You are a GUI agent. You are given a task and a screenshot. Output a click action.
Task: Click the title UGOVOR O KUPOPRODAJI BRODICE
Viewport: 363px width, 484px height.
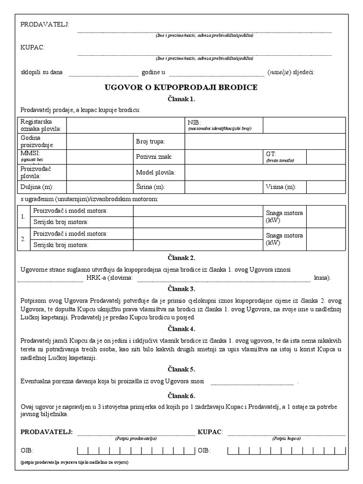181,87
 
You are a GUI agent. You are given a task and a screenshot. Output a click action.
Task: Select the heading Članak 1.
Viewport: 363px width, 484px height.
181,99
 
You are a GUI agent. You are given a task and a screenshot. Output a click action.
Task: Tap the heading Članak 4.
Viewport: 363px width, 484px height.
181,329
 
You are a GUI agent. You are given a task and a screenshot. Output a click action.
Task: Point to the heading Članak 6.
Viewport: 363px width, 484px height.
181,396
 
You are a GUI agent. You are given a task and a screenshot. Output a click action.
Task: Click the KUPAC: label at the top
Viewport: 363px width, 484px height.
33,47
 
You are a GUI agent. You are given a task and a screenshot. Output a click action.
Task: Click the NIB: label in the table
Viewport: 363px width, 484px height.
194,122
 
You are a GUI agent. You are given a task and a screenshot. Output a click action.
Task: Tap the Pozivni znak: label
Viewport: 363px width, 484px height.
154,156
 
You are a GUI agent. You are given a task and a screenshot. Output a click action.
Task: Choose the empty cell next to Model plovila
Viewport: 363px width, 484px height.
265,173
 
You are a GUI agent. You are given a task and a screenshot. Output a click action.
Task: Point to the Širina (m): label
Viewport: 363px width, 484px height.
150,187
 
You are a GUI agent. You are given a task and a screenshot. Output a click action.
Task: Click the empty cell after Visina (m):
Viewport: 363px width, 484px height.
326,187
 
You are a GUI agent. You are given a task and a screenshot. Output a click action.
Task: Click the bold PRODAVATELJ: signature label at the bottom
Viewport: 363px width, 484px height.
46,432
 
